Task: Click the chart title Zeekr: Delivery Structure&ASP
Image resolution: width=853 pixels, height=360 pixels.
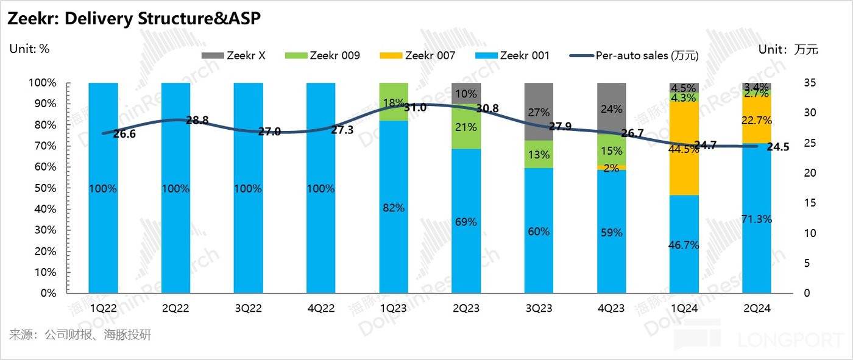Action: [x=134, y=19]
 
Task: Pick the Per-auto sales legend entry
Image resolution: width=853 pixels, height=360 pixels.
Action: [x=634, y=55]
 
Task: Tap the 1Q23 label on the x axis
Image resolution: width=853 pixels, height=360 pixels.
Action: [x=394, y=308]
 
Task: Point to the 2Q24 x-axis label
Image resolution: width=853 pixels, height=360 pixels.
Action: [x=757, y=308]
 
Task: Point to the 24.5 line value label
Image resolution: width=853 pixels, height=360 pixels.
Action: [x=777, y=147]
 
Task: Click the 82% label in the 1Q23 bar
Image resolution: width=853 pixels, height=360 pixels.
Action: [x=394, y=208]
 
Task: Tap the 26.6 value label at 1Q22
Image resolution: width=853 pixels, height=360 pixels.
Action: [x=124, y=134]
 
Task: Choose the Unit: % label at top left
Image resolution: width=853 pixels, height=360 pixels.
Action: [x=29, y=49]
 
